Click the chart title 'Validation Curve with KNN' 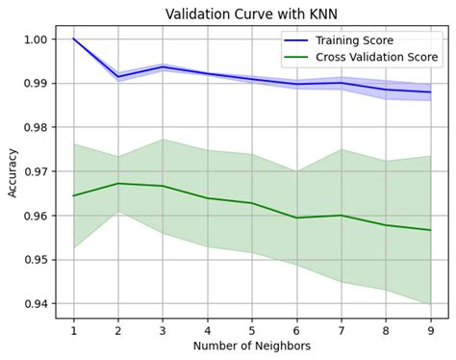click(252, 13)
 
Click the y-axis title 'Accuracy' click(13, 172)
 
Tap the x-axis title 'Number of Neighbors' click(252, 346)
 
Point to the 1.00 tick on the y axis click(37, 39)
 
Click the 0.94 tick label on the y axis click(37, 304)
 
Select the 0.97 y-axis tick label click(37, 171)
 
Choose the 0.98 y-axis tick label click(37, 127)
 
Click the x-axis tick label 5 click(252, 328)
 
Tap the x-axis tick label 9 click(430, 328)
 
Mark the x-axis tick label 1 click(73, 328)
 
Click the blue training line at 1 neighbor click(74, 39)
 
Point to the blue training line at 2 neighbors click(118, 77)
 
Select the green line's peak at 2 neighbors click(118, 184)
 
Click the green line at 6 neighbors click(296, 218)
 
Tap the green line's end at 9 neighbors click(430, 230)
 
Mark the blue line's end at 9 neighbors click(430, 92)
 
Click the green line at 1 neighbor click(74, 195)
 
